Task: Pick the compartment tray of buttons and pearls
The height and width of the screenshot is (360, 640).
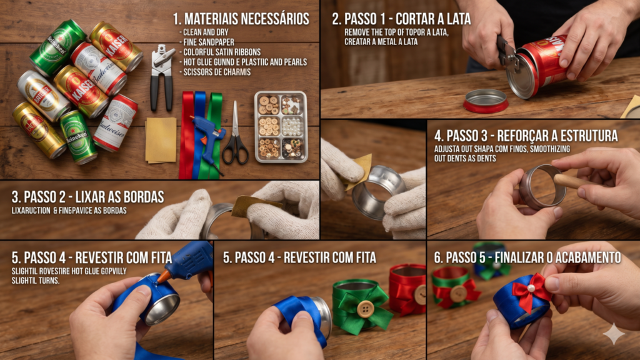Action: pyautogui.click(x=281, y=126)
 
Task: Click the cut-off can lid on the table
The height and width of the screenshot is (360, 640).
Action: pyautogui.click(x=486, y=100)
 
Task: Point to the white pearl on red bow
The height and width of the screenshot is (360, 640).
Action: pyautogui.click(x=531, y=288)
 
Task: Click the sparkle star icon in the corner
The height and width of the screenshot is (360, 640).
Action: pyautogui.click(x=613, y=334)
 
